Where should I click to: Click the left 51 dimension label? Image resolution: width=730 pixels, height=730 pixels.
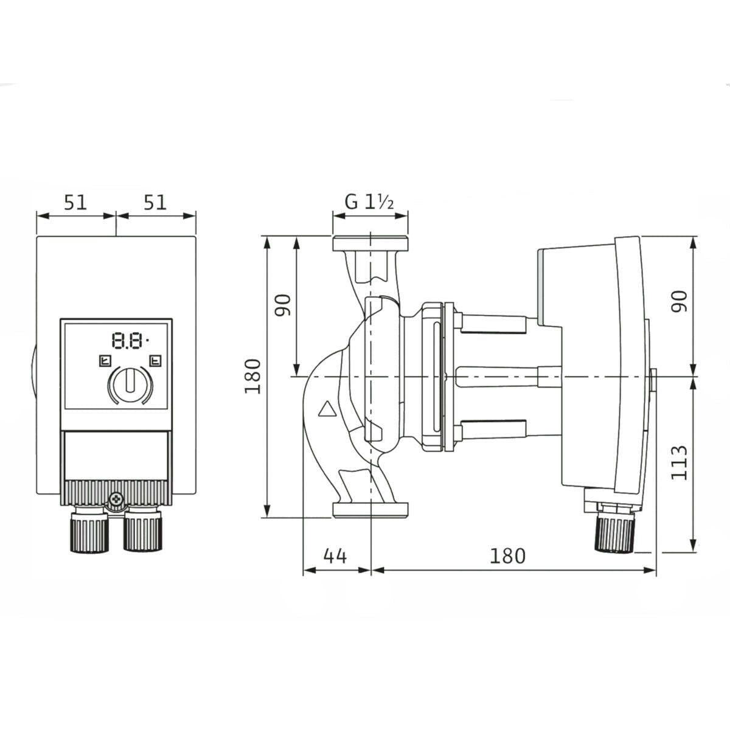click(75, 203)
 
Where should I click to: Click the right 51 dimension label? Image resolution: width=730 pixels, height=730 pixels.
click(155, 203)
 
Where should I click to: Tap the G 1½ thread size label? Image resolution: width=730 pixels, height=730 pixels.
click(369, 203)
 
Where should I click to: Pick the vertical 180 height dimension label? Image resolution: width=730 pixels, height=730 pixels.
click(252, 377)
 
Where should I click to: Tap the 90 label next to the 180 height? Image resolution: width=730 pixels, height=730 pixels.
click(283, 305)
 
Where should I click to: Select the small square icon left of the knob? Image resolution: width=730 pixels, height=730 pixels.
click(105, 360)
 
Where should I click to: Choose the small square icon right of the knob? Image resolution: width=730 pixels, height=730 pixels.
click(155, 360)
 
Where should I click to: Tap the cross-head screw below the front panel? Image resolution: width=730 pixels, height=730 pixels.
click(116, 501)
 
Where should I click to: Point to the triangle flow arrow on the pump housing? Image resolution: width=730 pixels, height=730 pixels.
click(327, 409)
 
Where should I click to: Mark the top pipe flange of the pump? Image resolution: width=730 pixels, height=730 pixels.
click(370, 243)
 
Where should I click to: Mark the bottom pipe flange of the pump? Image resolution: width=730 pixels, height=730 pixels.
click(370, 510)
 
